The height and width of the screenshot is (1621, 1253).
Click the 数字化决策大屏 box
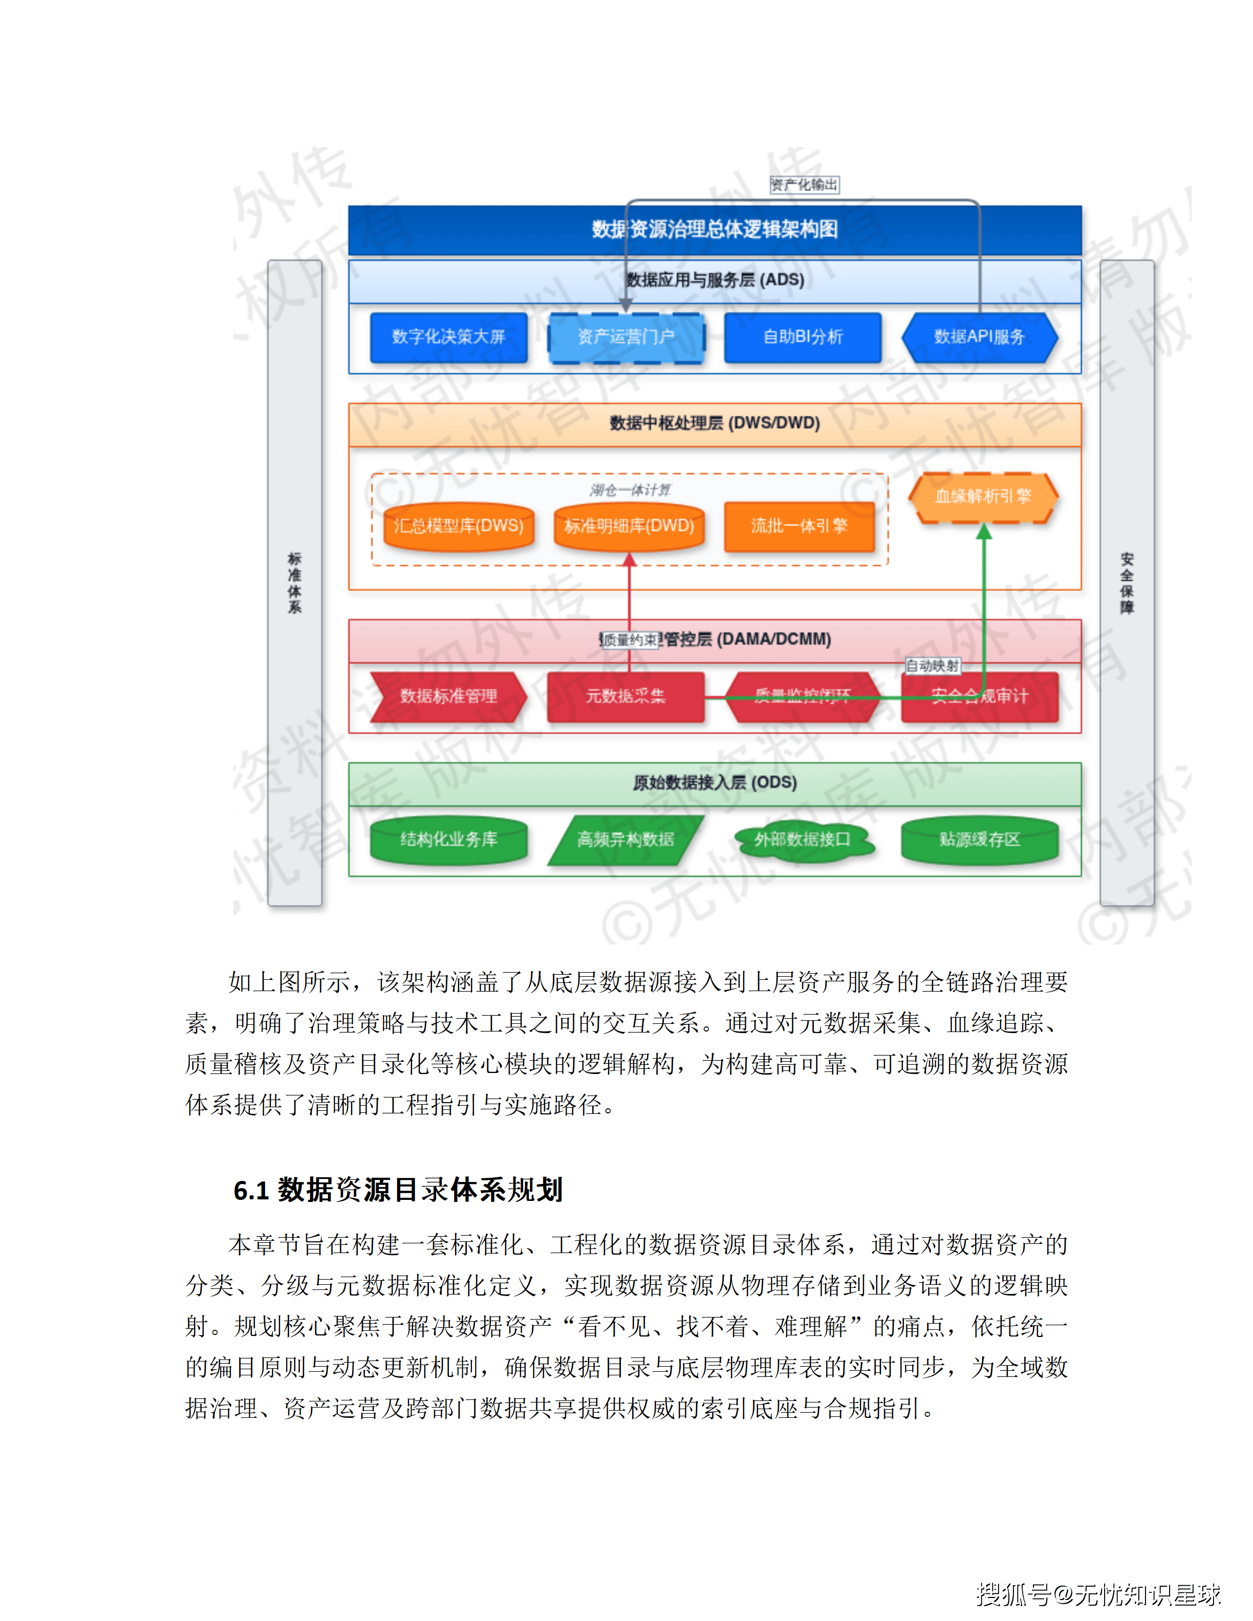click(x=448, y=337)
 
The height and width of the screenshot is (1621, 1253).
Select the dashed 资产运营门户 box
click(x=626, y=337)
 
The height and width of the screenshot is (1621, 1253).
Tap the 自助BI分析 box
click(x=803, y=337)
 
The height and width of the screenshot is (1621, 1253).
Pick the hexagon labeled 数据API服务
click(x=979, y=337)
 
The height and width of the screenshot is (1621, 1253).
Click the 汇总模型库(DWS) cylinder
click(x=459, y=526)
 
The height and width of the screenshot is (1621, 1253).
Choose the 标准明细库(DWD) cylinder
click(x=629, y=526)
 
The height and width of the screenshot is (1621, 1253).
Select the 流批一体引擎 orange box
click(x=798, y=526)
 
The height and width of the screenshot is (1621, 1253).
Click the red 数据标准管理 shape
click(x=448, y=696)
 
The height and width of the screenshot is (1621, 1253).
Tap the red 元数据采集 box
click(x=626, y=696)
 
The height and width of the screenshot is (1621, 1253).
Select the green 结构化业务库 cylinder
click(x=448, y=840)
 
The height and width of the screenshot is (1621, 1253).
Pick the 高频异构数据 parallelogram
click(x=626, y=840)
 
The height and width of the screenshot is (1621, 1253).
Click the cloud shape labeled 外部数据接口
click(x=803, y=840)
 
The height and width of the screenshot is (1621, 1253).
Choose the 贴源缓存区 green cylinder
click(x=979, y=840)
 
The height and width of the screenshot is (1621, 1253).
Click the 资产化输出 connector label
click(x=804, y=185)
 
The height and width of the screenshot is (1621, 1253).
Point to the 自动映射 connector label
click(x=932, y=666)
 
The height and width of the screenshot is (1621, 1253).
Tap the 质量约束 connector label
click(x=629, y=640)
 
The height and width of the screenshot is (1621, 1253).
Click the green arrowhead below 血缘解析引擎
click(x=984, y=532)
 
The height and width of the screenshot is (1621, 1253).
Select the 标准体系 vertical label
click(x=295, y=583)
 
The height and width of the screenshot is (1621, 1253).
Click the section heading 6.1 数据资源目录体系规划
click(x=398, y=1190)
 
